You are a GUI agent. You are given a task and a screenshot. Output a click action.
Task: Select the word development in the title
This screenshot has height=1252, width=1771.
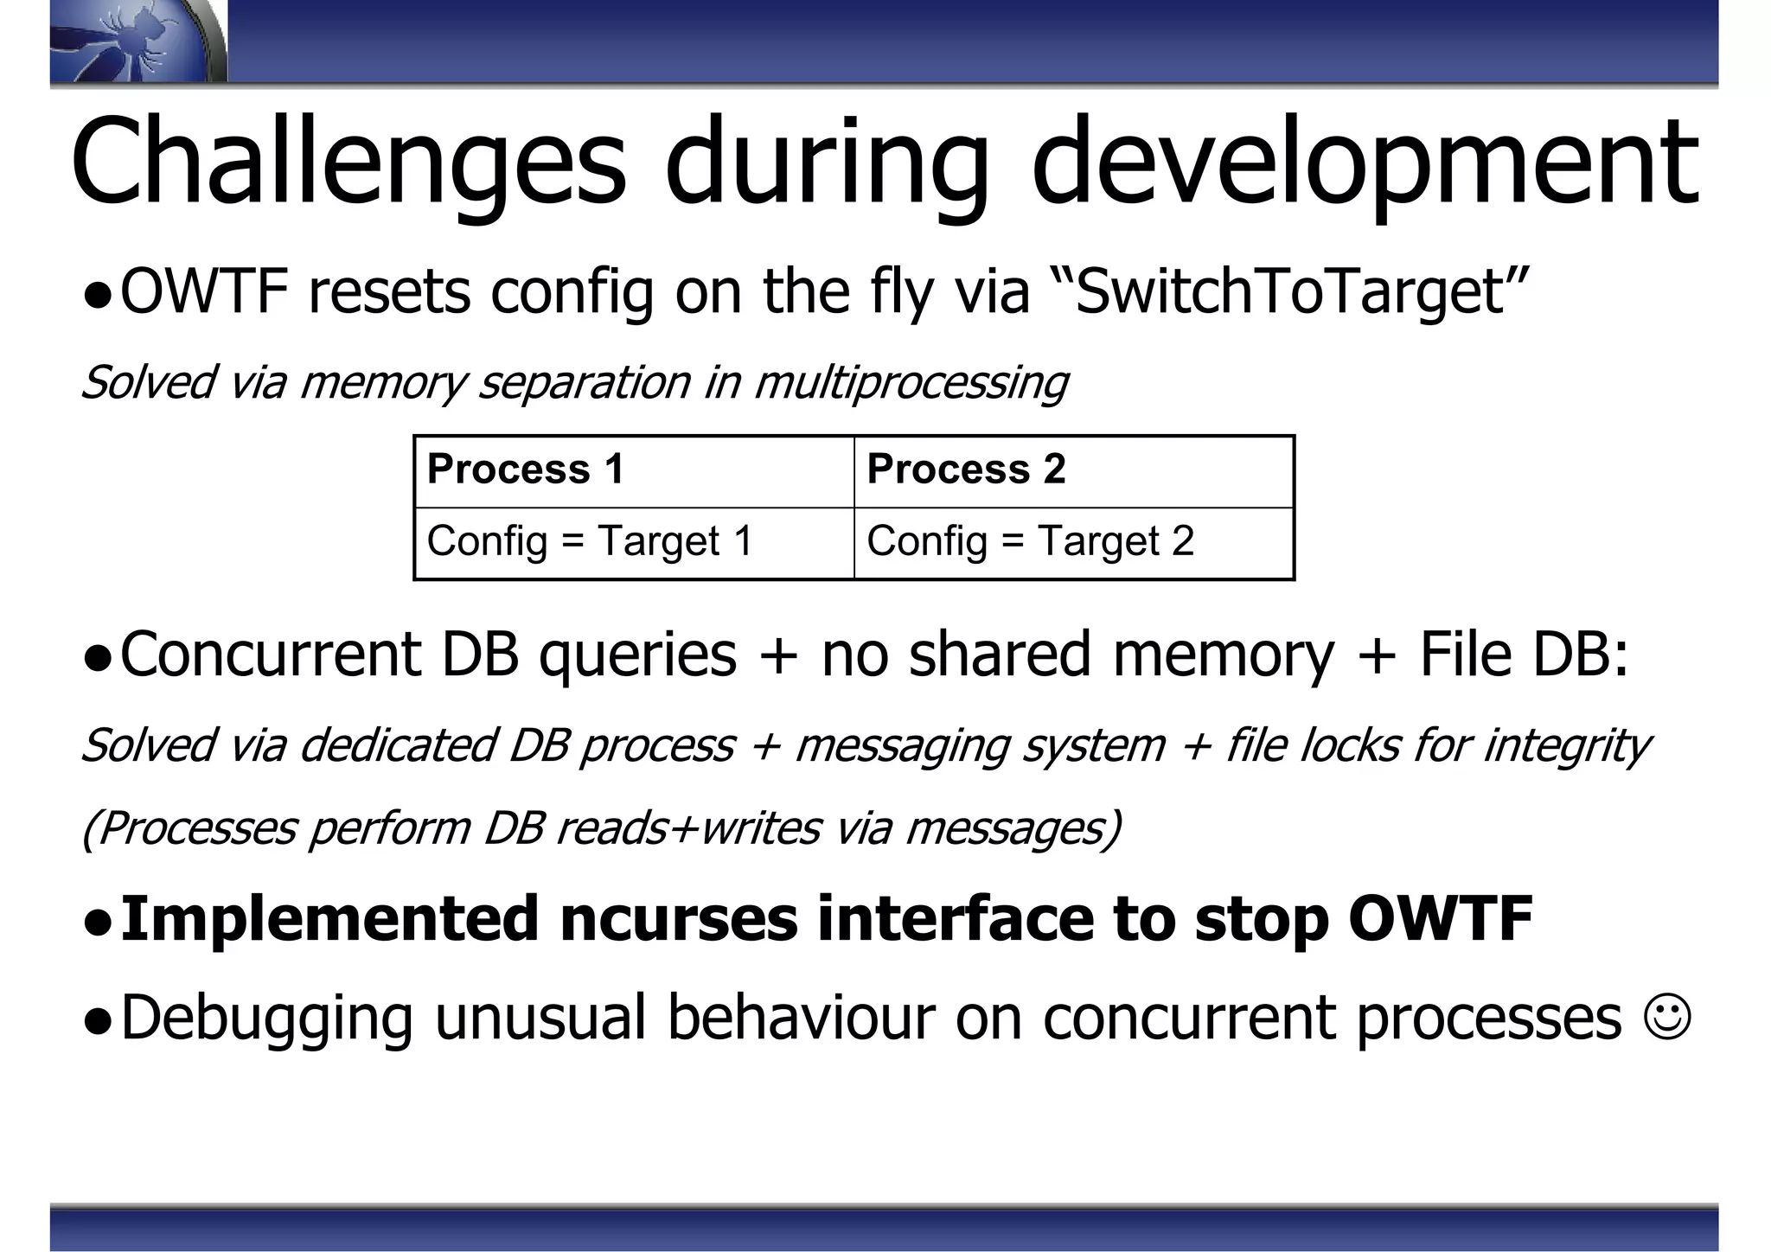click(x=1365, y=164)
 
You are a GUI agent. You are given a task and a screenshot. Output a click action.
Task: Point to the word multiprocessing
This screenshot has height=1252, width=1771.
click(x=911, y=382)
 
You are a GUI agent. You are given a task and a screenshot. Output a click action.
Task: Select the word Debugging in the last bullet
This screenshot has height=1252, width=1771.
click(x=267, y=1018)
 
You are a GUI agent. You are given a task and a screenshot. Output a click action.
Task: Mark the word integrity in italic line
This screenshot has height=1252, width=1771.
click(x=1565, y=745)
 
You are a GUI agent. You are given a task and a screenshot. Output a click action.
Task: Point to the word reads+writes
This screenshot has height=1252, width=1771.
click(x=687, y=827)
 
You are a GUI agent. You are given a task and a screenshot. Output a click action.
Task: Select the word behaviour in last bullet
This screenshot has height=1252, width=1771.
click(x=801, y=1018)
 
